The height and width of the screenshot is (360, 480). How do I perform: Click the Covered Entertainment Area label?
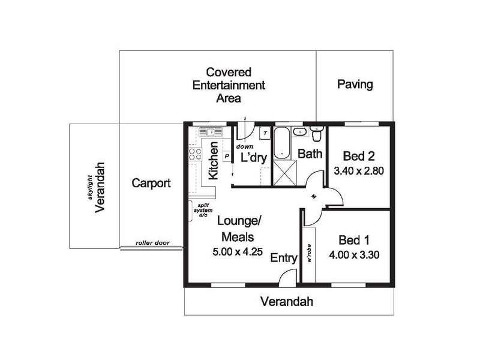220,85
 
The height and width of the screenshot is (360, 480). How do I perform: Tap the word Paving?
355,84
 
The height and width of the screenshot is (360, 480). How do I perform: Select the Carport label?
151,183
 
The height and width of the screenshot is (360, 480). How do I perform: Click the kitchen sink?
207,131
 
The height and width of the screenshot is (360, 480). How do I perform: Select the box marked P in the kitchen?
227,155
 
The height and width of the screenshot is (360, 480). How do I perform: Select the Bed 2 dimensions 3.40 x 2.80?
358,170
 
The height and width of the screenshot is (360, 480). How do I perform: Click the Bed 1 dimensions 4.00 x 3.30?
354,254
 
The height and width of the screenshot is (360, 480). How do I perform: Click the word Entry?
284,258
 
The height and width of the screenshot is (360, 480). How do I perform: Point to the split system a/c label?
202,210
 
